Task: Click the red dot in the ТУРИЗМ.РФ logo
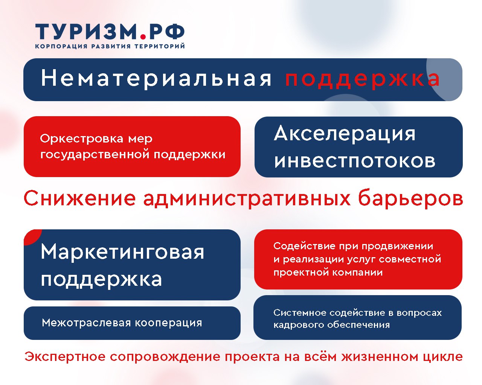point(143,36)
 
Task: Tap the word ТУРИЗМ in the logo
point(86,32)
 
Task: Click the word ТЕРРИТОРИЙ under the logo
point(159,46)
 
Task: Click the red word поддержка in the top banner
point(362,80)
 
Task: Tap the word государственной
point(95,155)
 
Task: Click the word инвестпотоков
point(355,161)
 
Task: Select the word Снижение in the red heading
point(80,199)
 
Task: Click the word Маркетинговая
point(122,252)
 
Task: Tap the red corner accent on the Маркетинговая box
point(31,236)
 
